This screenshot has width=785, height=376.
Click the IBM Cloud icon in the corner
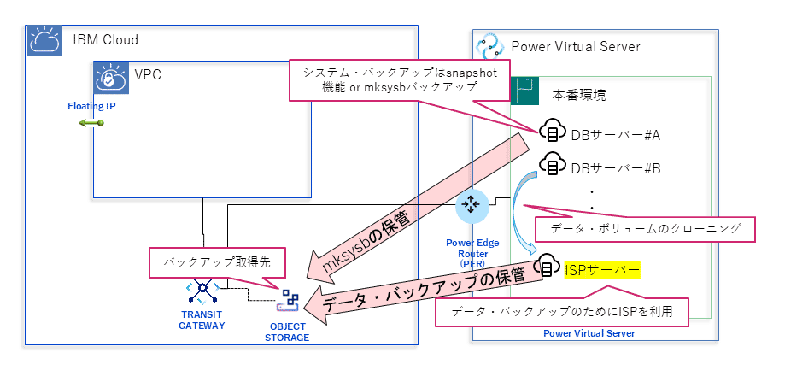(42, 40)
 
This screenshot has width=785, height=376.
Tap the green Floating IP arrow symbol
(91, 124)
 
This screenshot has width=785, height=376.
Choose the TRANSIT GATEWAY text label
(202, 320)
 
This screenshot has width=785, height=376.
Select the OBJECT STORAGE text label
(287, 332)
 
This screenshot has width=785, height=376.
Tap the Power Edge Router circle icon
(471, 205)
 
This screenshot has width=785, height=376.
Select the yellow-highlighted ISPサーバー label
(601, 270)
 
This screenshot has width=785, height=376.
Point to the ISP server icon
(548, 270)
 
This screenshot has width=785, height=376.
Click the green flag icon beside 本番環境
(524, 91)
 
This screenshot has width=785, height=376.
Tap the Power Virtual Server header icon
(490, 46)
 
